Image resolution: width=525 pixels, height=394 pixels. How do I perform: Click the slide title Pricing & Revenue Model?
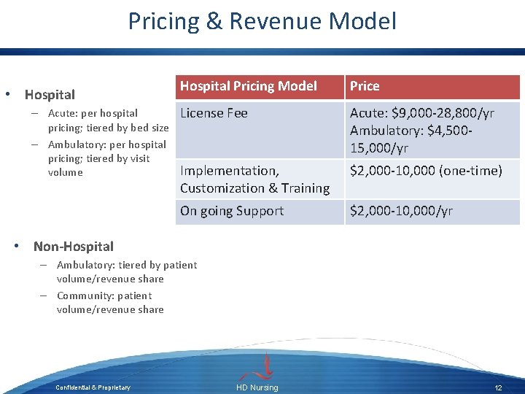coord(262,20)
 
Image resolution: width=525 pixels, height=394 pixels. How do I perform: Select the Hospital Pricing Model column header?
coord(249,86)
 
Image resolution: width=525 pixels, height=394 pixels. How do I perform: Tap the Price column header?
coord(365,86)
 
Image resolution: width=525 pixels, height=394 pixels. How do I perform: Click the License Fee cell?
coord(214,113)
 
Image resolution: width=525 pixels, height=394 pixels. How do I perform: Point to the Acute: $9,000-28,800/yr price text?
coord(422,113)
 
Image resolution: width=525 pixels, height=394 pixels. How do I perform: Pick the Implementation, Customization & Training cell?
coord(254,179)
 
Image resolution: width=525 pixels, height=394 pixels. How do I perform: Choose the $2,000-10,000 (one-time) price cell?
coord(426,171)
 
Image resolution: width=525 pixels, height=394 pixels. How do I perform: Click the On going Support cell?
coord(232,211)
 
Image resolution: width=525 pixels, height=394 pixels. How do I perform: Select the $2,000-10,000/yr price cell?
coord(401,211)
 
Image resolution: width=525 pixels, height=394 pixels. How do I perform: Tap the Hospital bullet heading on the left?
coord(50,95)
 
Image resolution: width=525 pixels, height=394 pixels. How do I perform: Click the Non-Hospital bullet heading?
coord(74,247)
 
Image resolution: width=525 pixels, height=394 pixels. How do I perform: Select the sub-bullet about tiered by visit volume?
coord(106,158)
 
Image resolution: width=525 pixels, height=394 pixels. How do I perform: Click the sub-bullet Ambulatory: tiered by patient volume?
coord(126,271)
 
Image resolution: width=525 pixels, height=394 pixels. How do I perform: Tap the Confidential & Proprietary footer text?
coord(93,387)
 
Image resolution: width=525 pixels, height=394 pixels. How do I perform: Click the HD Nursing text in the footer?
coord(257,387)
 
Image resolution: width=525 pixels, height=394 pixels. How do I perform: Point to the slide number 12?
coord(499,387)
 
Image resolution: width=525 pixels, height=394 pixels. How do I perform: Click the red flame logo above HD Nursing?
coord(268,365)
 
